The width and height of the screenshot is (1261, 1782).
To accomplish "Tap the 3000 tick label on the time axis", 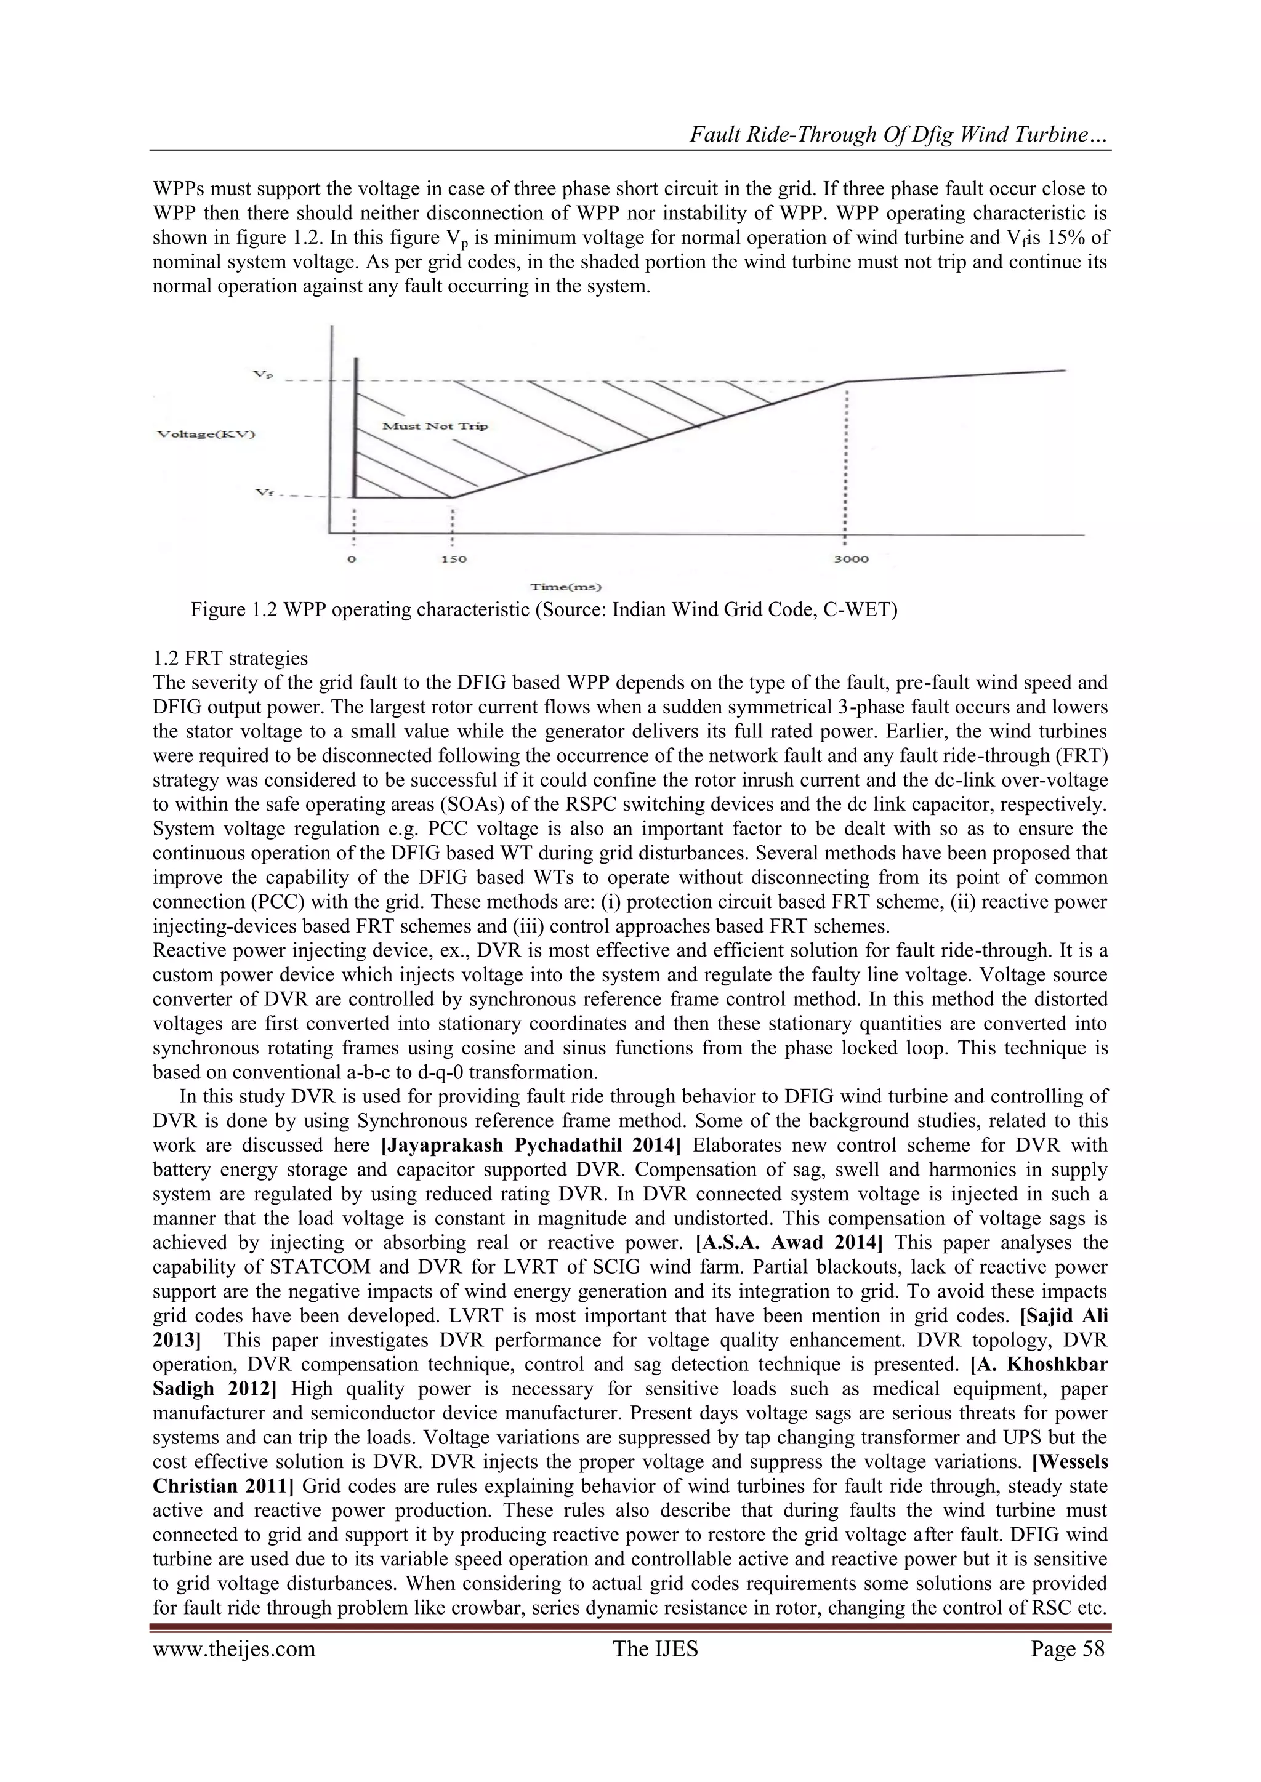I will (851, 559).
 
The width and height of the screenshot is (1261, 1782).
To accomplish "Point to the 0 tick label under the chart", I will (353, 559).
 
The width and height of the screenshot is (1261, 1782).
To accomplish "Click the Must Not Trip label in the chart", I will (435, 426).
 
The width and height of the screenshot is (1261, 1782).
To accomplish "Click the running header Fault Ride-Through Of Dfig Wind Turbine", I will (900, 137).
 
